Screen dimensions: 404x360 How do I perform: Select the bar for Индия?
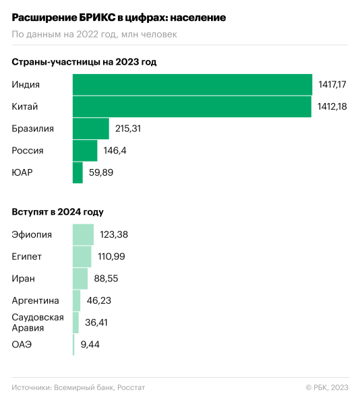click(x=193, y=85)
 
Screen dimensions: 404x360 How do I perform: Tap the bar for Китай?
click(x=191, y=106)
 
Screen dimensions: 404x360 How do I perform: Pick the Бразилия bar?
click(x=90, y=129)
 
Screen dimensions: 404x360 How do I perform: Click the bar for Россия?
click(x=85, y=150)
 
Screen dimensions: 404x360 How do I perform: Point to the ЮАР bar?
click(x=78, y=172)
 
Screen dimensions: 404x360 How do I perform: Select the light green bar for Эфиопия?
click(x=83, y=234)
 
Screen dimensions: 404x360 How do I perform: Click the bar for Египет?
click(x=82, y=257)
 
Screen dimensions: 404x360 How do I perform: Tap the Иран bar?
click(x=80, y=278)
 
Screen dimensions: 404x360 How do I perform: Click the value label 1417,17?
click(x=332, y=85)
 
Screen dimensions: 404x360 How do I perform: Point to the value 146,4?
click(x=115, y=150)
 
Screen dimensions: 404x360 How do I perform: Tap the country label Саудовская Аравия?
click(x=38, y=322)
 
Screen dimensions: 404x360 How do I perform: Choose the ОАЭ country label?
click(x=22, y=344)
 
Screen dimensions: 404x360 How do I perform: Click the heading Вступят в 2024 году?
click(x=57, y=212)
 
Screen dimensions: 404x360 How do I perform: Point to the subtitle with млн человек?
click(x=94, y=34)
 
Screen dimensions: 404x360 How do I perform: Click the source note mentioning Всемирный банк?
click(x=78, y=387)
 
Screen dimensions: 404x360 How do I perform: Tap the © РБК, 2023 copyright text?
click(x=326, y=387)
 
